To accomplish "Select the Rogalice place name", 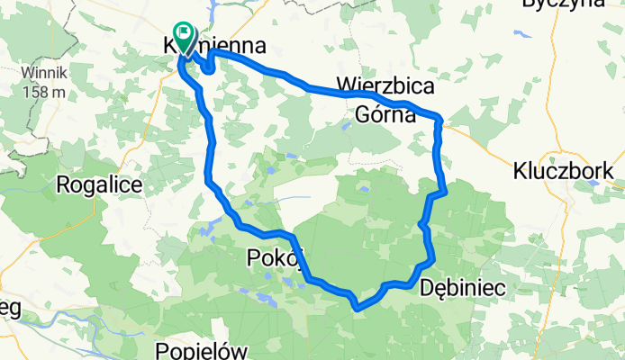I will click(99, 184).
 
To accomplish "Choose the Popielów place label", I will click(199, 351).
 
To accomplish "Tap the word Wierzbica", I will click(385, 86).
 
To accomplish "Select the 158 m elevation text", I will click(44, 91).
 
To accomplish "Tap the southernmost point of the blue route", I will click(358, 308).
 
